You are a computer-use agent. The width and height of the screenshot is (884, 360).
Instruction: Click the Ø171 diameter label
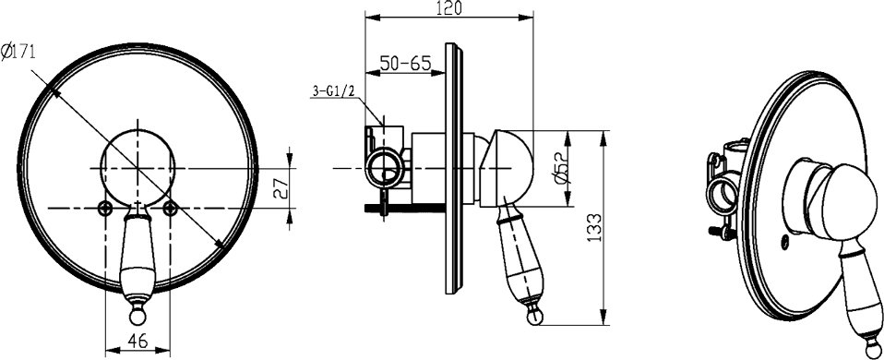(x=18, y=53)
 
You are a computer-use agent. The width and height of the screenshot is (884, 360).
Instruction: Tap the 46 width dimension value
(x=137, y=341)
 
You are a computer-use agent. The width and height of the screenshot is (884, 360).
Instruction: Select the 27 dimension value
(x=281, y=188)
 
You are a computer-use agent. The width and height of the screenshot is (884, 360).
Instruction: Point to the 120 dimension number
(x=449, y=8)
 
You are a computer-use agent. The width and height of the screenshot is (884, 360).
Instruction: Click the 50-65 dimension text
(x=405, y=63)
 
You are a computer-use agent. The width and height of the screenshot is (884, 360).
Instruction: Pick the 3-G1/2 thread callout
(x=334, y=90)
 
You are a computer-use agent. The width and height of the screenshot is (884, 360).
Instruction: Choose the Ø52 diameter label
(x=563, y=169)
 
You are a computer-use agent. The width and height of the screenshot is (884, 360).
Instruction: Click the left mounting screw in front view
(x=104, y=209)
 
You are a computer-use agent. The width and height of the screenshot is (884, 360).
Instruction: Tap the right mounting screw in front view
(x=171, y=209)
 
